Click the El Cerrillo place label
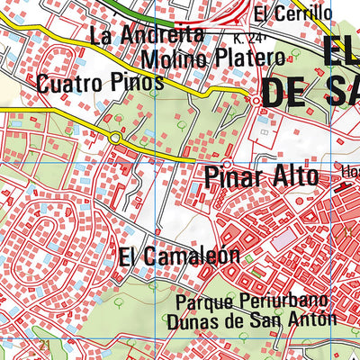click(x=292, y=13)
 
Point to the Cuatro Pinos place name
click(x=101, y=83)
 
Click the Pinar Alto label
click(x=261, y=176)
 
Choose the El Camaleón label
click(x=179, y=256)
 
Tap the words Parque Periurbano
click(x=251, y=301)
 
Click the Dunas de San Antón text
click(x=251, y=319)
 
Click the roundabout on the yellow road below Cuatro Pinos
click(x=115, y=137)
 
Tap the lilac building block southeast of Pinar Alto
click(x=283, y=238)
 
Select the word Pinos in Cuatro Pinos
click(x=138, y=83)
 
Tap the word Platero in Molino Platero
click(x=246, y=58)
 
